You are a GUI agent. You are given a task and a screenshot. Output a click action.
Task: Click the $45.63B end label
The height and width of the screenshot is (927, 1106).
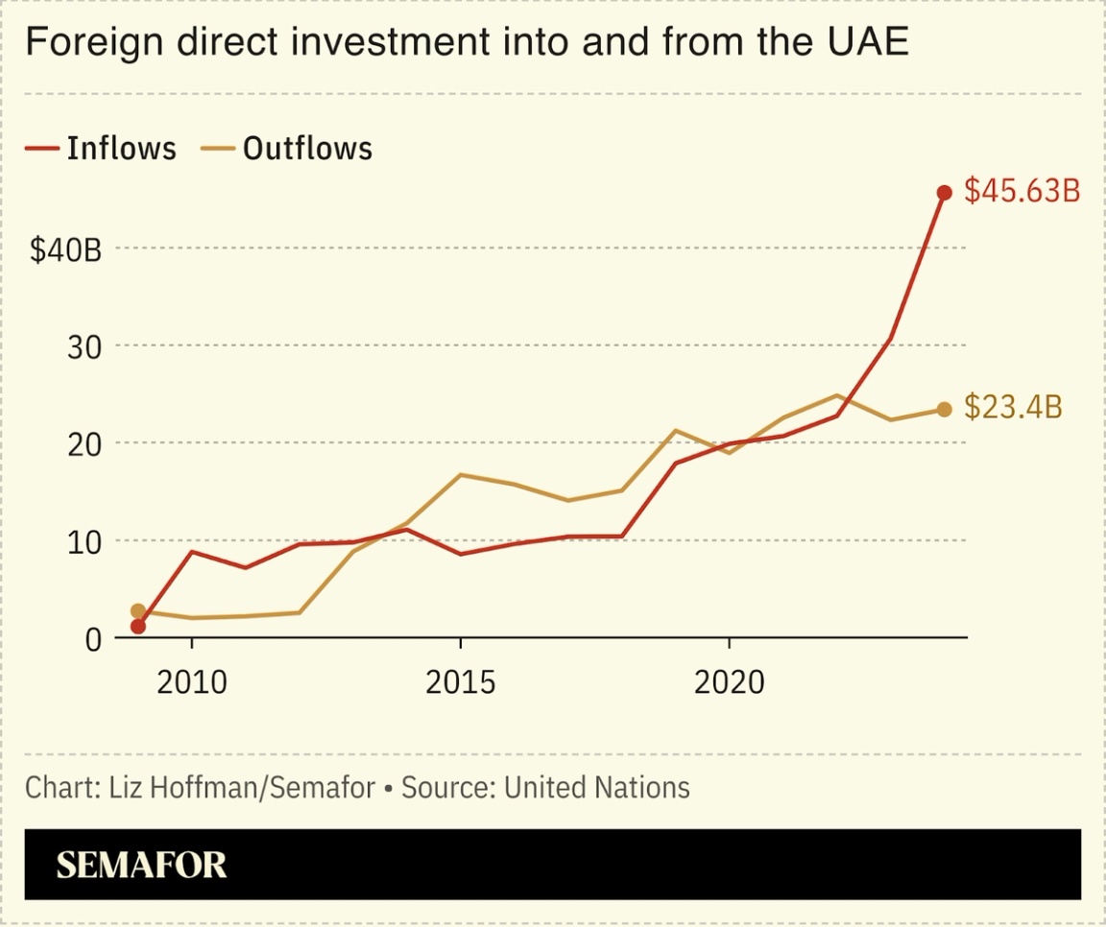pyautogui.click(x=1022, y=191)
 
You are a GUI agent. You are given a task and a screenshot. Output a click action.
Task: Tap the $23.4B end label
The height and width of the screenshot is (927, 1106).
pyautogui.click(x=1013, y=408)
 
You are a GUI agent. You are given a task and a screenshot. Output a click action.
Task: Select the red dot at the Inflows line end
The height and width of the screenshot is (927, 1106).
pyautogui.click(x=944, y=193)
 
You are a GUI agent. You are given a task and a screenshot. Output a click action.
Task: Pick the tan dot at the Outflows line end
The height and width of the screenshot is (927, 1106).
pyautogui.click(x=944, y=410)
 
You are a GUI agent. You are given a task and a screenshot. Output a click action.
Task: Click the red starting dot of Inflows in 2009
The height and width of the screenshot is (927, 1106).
pyautogui.click(x=138, y=627)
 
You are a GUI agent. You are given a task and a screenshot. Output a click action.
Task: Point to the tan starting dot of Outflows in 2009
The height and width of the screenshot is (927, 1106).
pyautogui.click(x=138, y=611)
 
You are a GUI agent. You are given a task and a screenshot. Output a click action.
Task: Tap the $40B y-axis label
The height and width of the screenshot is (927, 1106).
pyautogui.click(x=65, y=250)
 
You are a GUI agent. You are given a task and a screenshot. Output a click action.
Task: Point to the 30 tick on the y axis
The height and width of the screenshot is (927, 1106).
pyautogui.click(x=84, y=347)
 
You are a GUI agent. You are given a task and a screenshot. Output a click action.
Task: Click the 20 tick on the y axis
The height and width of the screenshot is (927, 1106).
pyautogui.click(x=84, y=444)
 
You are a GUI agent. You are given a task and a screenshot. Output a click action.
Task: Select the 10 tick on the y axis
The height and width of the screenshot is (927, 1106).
pyautogui.click(x=84, y=542)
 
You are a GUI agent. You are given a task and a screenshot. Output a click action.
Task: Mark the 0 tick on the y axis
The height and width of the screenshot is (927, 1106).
pyautogui.click(x=92, y=639)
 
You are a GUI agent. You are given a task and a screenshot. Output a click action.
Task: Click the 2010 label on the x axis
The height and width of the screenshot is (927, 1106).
pyautogui.click(x=192, y=682)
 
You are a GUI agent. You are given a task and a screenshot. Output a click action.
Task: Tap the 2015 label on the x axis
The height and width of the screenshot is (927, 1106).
pyautogui.click(x=461, y=682)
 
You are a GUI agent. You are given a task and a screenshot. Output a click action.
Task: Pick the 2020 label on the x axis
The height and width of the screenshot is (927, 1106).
pyautogui.click(x=729, y=682)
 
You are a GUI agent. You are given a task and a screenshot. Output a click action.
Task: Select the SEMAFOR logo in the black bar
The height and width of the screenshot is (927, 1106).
pyautogui.click(x=141, y=865)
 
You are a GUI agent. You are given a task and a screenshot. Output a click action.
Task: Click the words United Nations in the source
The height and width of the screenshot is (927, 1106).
pyautogui.click(x=596, y=788)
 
